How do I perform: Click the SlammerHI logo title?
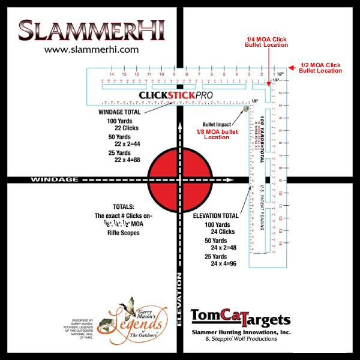click(91, 30)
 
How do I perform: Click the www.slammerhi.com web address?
click(92, 50)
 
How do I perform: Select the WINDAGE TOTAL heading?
click(119, 112)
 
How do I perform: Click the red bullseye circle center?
click(178, 179)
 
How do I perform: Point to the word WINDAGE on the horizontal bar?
click(55, 179)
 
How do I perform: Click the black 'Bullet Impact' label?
click(217, 124)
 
